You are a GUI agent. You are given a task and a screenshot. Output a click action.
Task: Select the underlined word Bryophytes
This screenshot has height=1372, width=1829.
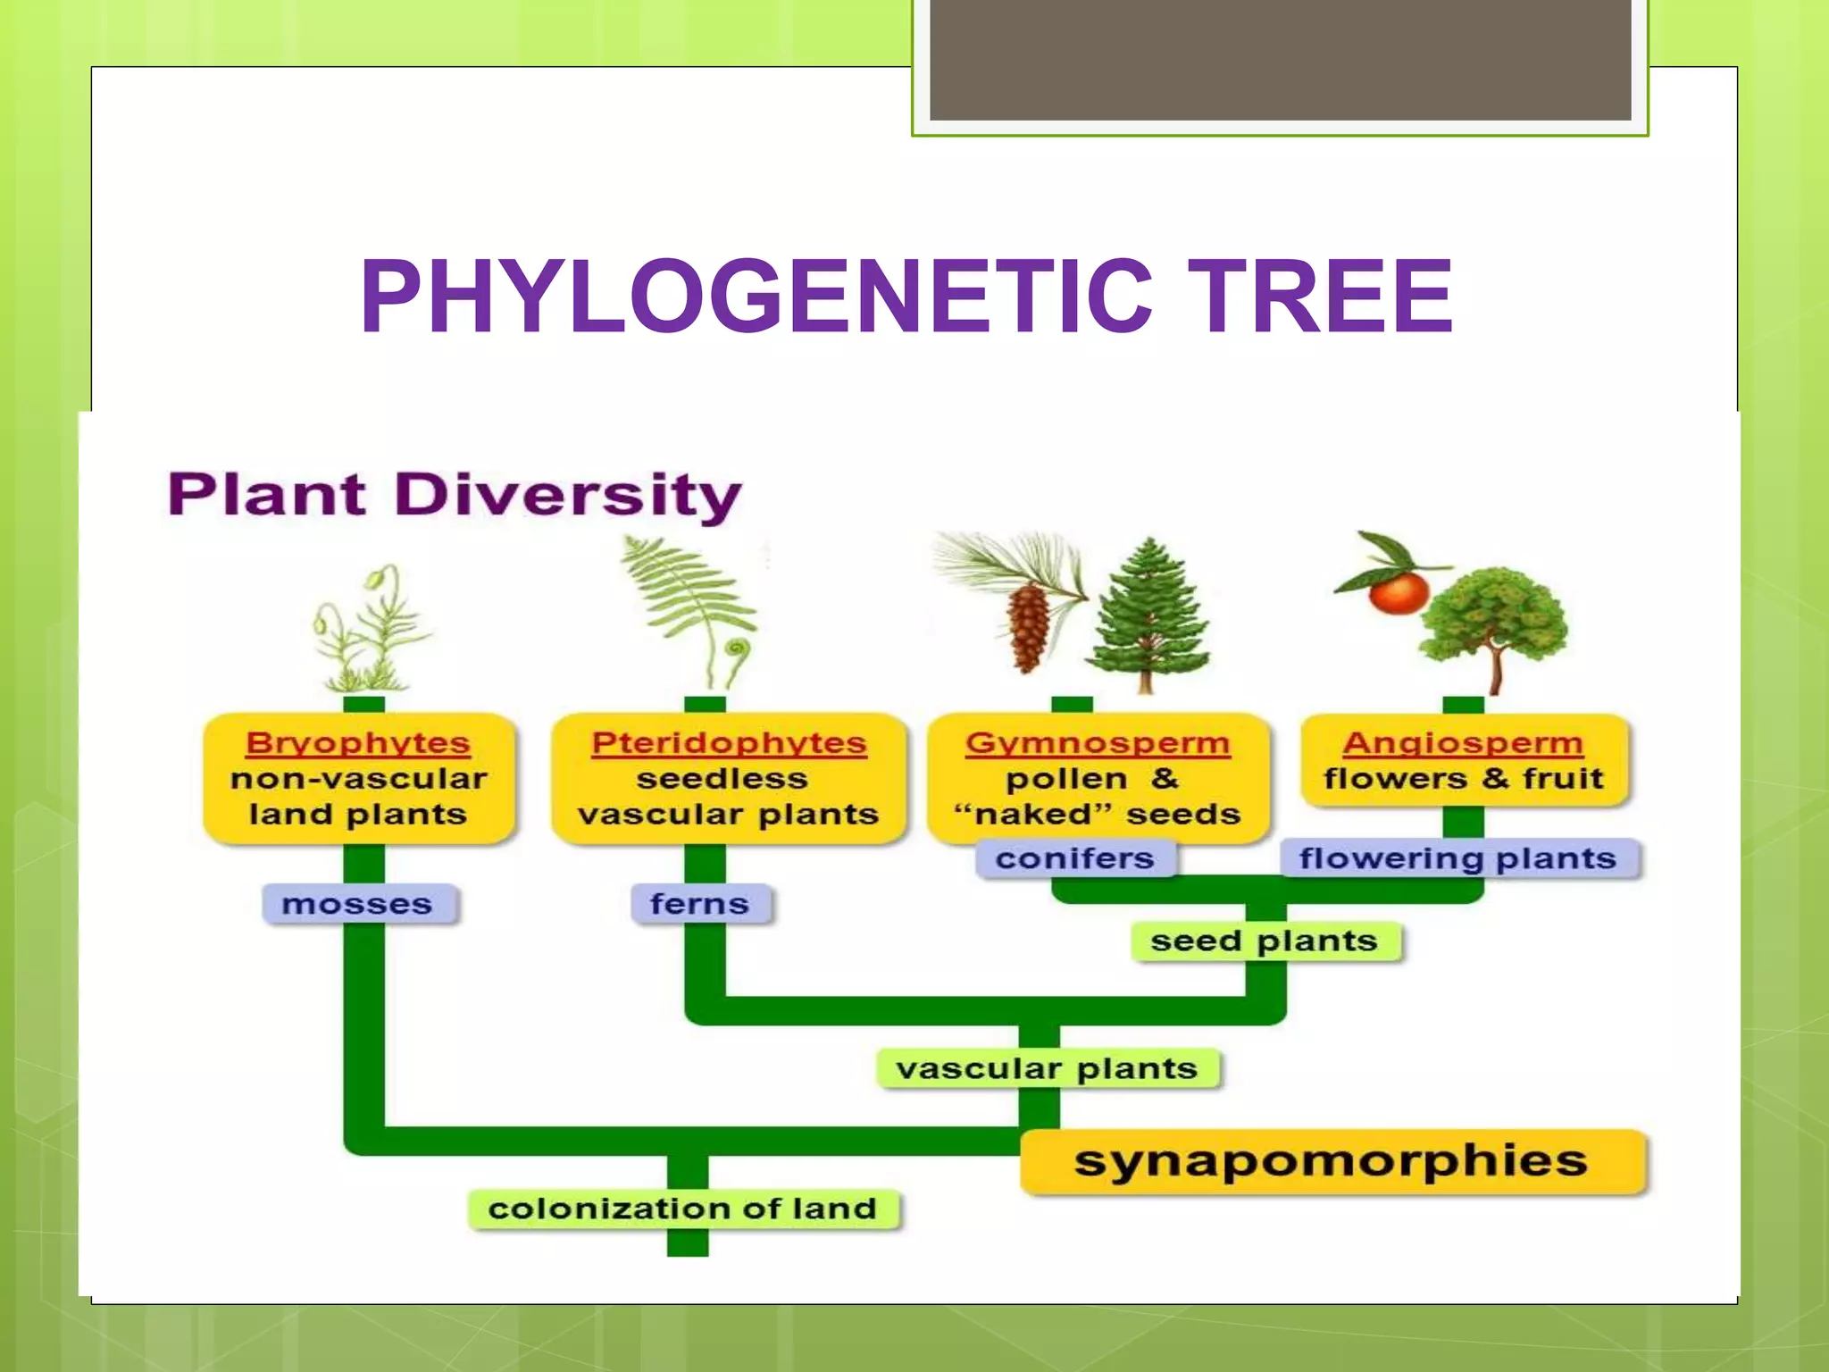tap(357, 743)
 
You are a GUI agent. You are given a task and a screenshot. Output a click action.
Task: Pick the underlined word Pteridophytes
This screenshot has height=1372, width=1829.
tap(729, 743)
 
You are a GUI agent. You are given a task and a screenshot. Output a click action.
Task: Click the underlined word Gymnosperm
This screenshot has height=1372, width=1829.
tap(1098, 743)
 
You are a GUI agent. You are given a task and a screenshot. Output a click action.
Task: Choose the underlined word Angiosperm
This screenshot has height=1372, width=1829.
tap(1463, 743)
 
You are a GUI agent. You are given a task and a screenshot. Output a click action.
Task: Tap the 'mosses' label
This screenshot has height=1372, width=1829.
tap(357, 904)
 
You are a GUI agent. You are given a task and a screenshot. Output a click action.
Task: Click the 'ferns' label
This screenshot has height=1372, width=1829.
tap(699, 904)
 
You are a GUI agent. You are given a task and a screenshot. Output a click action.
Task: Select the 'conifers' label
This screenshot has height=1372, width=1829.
tap(1074, 858)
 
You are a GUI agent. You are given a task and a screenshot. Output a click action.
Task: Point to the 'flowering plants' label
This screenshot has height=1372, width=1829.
tap(1457, 858)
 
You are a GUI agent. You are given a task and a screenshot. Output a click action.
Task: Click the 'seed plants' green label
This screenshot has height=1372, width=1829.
tap(1264, 941)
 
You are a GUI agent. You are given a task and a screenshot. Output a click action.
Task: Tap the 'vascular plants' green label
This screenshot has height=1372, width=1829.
tap(1047, 1068)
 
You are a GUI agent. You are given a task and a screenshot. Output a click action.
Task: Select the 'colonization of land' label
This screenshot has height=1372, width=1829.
tap(682, 1209)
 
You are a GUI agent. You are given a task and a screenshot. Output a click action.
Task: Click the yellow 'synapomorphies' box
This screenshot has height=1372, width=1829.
tap(1331, 1161)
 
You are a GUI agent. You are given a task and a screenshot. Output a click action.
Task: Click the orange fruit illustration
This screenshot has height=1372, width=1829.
tap(1399, 593)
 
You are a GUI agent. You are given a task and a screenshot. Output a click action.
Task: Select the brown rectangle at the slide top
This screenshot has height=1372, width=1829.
tap(1280, 59)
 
